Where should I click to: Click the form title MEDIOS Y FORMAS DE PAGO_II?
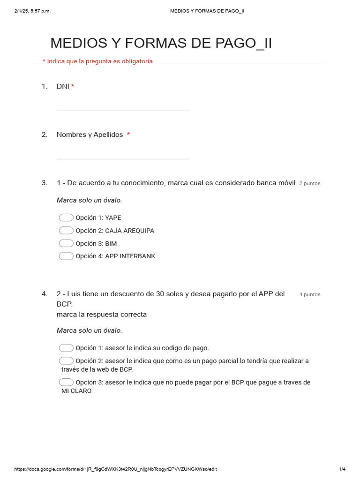tap(161, 43)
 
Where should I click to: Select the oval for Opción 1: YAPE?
tap(66, 217)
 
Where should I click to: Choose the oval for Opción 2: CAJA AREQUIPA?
tap(66, 231)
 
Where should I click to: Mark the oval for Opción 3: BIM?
tap(66, 243)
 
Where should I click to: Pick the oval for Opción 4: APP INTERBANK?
tap(66, 256)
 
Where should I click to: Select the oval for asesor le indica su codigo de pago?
tap(66, 348)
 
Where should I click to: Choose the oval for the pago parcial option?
tap(66, 360)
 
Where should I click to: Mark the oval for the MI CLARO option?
tap(66, 382)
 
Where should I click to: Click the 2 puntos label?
tap(309, 183)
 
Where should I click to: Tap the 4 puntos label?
tap(309, 294)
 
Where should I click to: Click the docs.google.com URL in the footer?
tap(115, 469)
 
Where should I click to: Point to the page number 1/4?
tap(342, 469)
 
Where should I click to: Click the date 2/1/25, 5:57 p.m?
tap(32, 11)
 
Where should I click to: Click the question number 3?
tap(45, 183)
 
